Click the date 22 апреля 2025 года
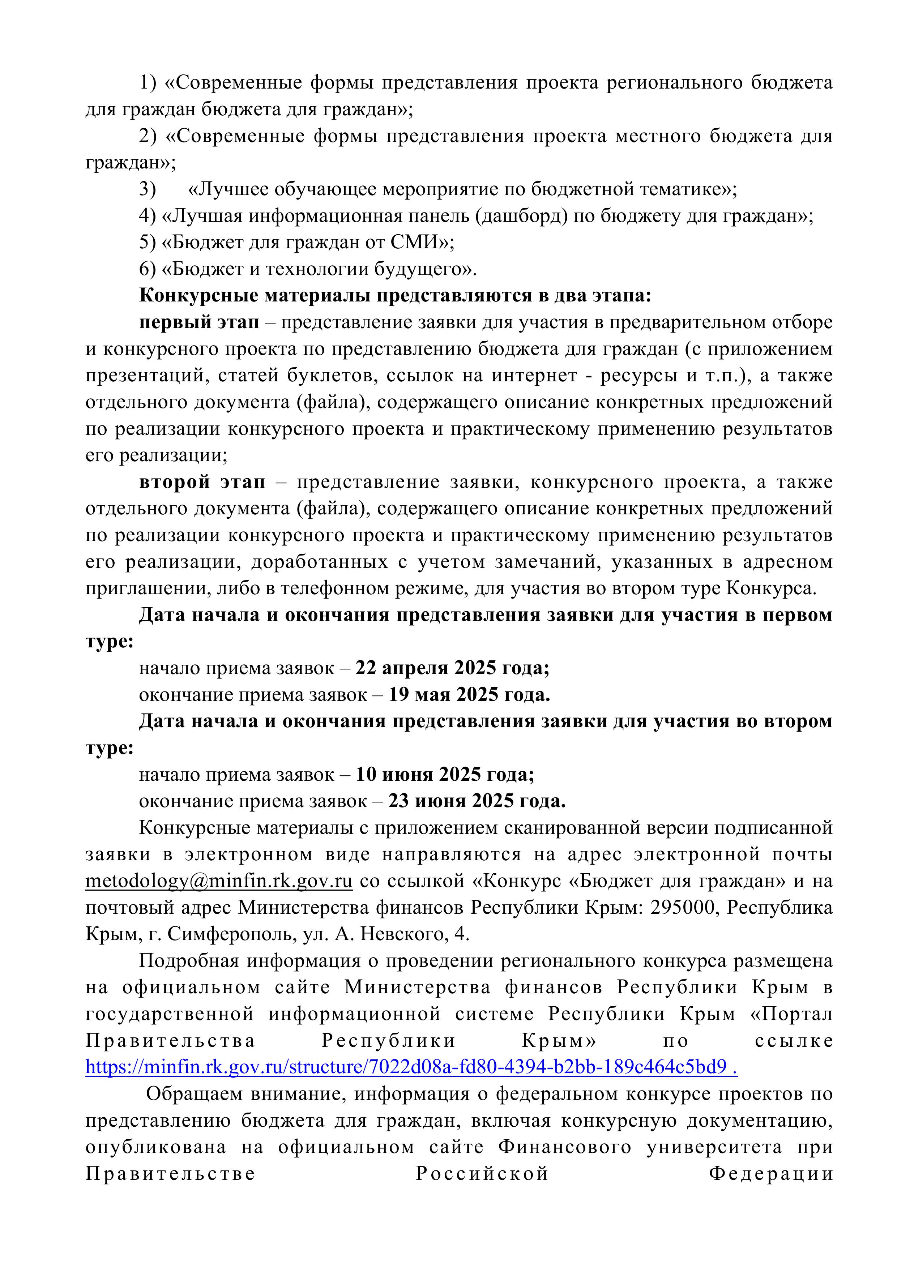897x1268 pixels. click(452, 668)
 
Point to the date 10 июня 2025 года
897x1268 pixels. click(445, 775)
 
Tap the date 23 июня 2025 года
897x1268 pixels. click(477, 801)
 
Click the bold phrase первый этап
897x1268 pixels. click(199, 322)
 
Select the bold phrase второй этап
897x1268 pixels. click(202, 482)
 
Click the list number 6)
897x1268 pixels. click(148, 270)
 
